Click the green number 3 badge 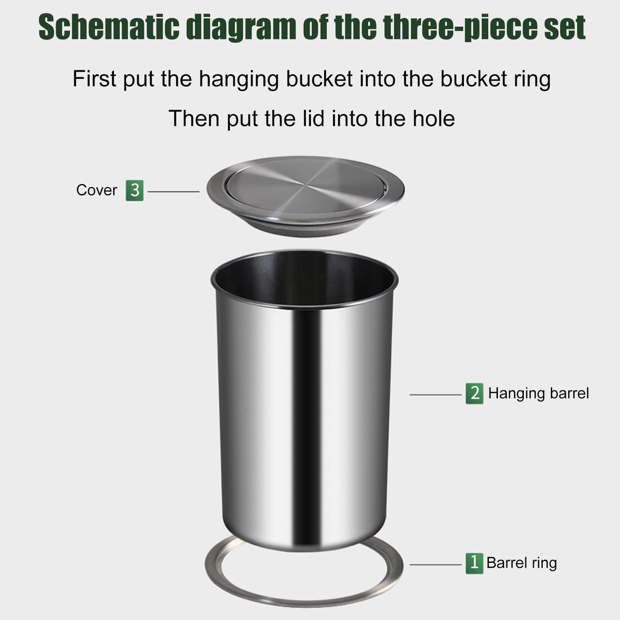tap(134, 190)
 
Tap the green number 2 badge tap(474, 394)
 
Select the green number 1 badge tap(474, 563)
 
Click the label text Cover tap(97, 190)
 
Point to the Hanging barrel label tap(538, 393)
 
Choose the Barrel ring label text tap(521, 563)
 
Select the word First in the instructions tap(94, 79)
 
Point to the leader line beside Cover tap(173, 192)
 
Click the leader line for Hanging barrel tap(435, 395)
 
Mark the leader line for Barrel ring tap(435, 565)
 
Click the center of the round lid tap(305, 187)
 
